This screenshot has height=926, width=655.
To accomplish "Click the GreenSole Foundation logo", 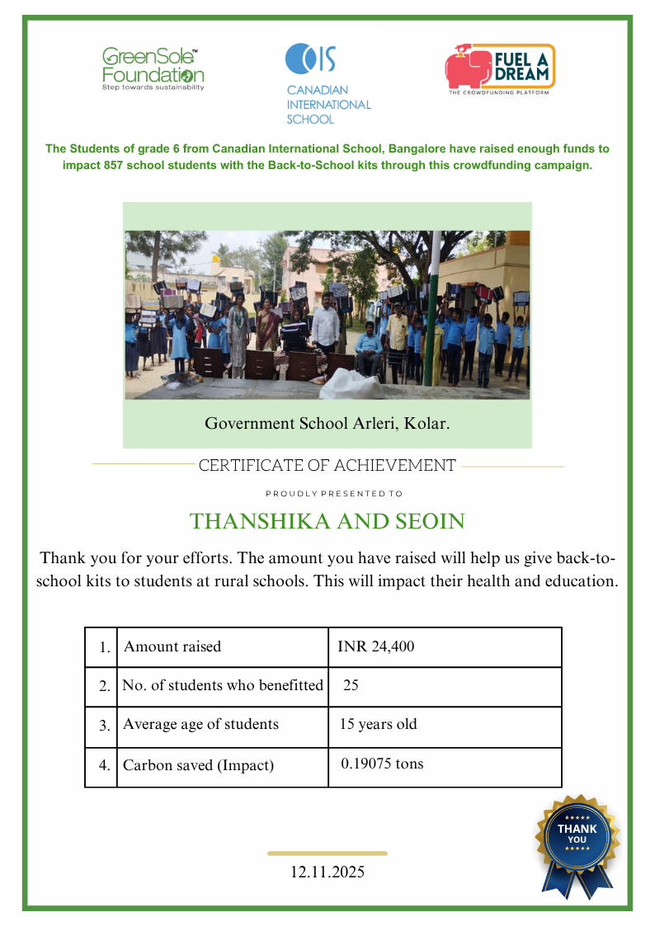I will coord(153,68).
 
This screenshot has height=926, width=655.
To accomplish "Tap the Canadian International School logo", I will coord(328,83).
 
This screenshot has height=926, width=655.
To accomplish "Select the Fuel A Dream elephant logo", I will coord(500,68).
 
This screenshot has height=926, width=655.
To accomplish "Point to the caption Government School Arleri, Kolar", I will coord(327,424).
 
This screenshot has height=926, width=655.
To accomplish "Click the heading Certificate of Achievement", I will coord(327,466).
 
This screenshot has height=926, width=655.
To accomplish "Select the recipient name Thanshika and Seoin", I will coord(327,521).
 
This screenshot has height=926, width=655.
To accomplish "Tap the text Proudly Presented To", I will coord(334,494).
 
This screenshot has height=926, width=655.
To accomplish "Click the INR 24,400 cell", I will coord(376,646).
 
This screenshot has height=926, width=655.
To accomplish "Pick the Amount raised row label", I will coord(172,646).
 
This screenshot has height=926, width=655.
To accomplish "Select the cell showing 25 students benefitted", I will coord(351,685).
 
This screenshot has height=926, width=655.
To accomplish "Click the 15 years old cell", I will coord(379,724).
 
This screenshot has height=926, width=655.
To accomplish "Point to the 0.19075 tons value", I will coord(382,764).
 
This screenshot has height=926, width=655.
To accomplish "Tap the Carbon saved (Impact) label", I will coord(198,765).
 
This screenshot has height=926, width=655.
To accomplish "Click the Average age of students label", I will coord(200,724).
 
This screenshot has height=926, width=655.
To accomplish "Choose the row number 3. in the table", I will coord(105,726).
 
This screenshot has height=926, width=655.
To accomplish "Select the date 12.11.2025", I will coord(327,872).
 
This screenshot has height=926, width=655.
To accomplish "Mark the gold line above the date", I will coord(327,853).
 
